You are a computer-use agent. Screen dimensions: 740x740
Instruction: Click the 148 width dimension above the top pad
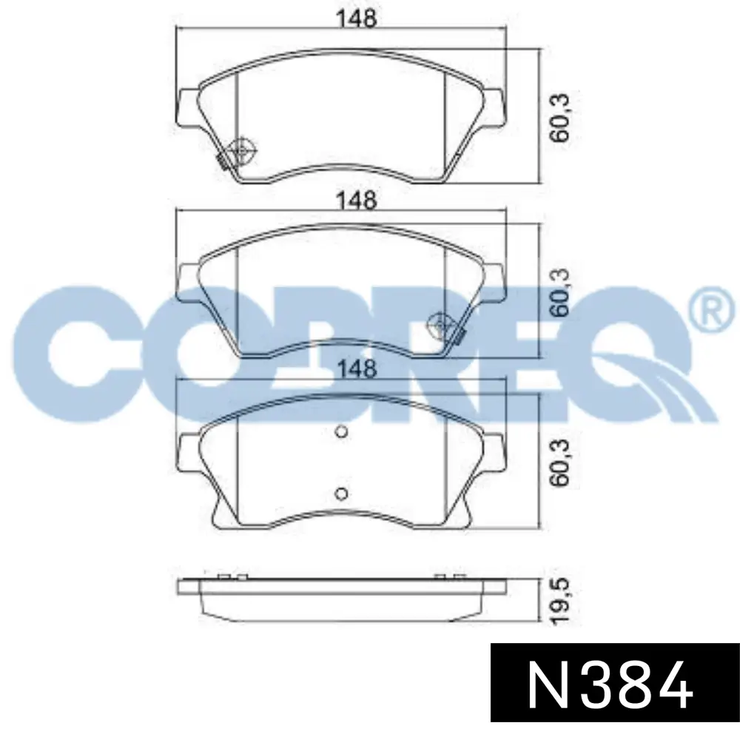pos(357,18)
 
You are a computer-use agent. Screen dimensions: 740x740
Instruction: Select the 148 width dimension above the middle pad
pos(357,200)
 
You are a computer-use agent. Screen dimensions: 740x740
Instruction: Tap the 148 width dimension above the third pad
pos(357,368)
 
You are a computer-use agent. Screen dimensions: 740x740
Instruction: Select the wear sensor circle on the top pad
pos(242,150)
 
